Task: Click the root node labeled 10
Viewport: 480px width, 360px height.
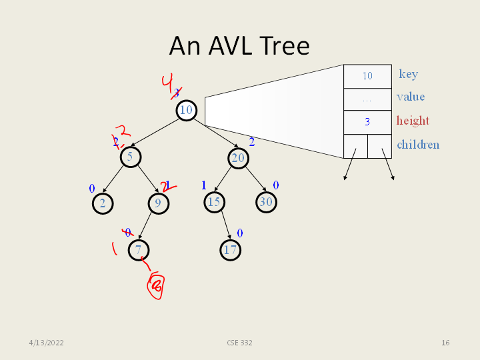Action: pos(186,110)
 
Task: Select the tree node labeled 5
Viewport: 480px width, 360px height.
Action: pos(131,157)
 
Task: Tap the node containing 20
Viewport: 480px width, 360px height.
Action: pos(238,157)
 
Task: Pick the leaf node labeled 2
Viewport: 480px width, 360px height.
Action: pos(102,203)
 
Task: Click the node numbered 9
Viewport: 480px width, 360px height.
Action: pos(158,203)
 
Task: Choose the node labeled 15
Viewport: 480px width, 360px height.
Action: pos(213,202)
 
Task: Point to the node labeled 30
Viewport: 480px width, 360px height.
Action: pos(266,202)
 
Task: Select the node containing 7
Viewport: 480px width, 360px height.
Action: pos(139,250)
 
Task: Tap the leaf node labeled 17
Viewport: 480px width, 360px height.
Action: pos(230,250)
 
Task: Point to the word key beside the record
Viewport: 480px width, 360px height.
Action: pos(408,74)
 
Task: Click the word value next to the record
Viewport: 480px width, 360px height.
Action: pos(410,97)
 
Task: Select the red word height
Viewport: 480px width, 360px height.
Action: pos(413,121)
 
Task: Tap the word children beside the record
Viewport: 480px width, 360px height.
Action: pos(418,145)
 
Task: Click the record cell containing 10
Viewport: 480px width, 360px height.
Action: pos(367,76)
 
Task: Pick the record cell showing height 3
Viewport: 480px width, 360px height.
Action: pos(367,122)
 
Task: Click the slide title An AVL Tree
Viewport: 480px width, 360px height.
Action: pos(239,45)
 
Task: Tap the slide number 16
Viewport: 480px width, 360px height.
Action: pos(445,343)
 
